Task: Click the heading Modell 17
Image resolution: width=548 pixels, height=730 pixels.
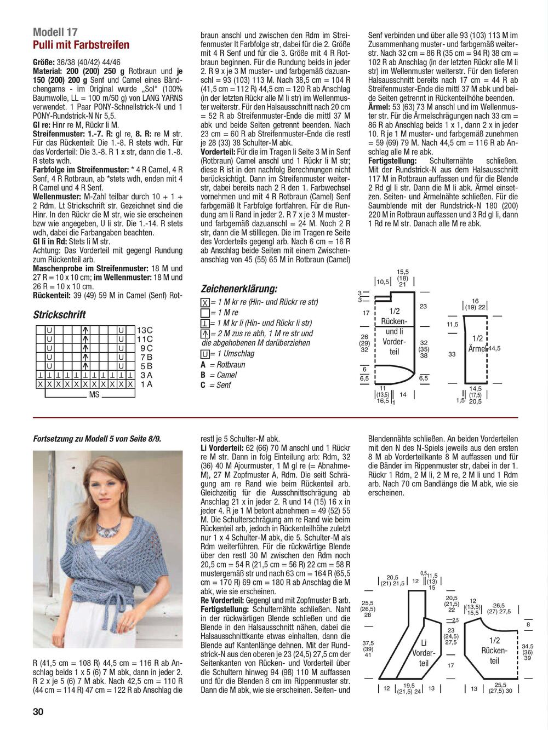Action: [x=55, y=32]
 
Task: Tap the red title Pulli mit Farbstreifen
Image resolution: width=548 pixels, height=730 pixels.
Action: [x=81, y=45]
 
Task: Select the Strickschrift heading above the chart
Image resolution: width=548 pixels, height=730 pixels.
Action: [x=59, y=315]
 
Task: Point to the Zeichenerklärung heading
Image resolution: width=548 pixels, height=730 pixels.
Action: [x=239, y=289]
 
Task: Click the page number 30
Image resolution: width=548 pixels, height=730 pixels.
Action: [x=38, y=711]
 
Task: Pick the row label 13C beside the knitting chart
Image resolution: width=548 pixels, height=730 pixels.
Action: [x=145, y=330]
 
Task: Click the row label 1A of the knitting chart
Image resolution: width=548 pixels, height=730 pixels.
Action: [x=146, y=384]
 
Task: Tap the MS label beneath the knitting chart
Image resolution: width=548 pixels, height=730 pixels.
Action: [x=94, y=394]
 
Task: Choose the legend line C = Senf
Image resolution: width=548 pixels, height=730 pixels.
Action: [x=216, y=385]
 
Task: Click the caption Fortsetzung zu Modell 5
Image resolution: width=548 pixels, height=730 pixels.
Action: [x=97, y=439]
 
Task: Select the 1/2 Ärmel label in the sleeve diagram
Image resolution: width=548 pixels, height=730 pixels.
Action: [x=477, y=343]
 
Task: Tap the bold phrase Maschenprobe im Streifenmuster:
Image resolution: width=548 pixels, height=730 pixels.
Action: [x=90, y=268]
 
